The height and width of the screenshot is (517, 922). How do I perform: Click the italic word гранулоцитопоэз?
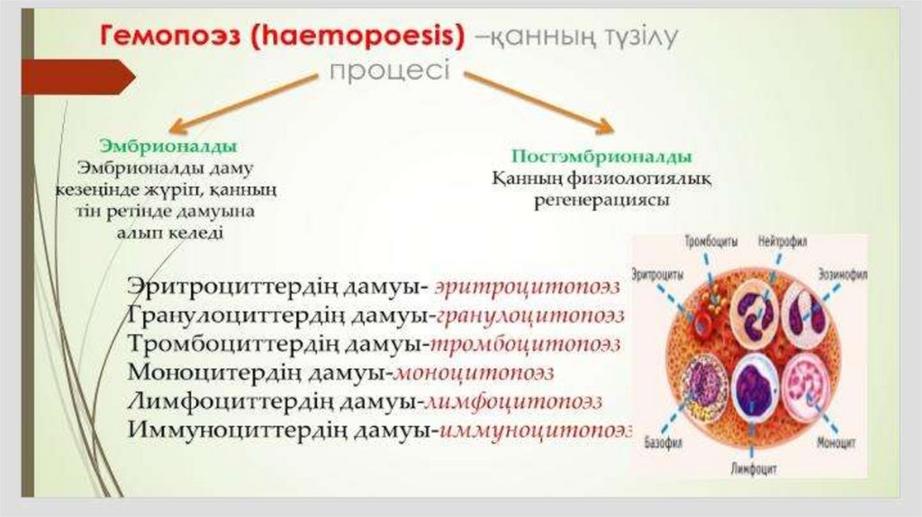click(530, 315)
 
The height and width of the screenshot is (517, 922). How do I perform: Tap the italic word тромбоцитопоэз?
click(526, 343)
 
